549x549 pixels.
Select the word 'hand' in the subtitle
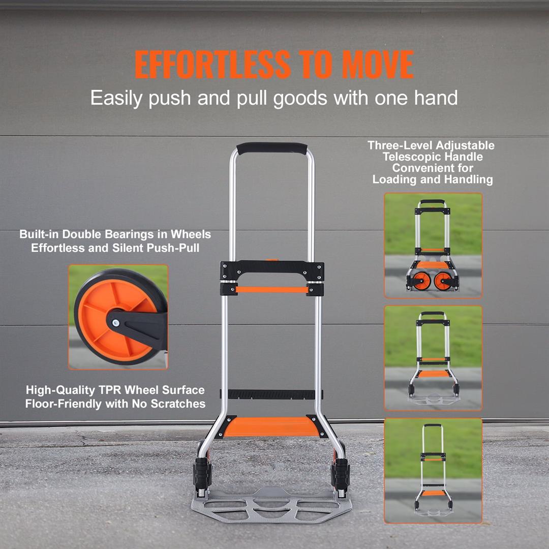click(x=436, y=97)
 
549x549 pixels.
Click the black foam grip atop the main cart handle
click(x=272, y=148)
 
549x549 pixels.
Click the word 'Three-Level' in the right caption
click(x=399, y=146)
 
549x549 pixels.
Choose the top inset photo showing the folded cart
click(x=433, y=246)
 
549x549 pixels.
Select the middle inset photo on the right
click(x=433, y=358)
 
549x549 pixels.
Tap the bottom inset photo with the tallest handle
click(x=433, y=470)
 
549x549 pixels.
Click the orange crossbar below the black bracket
click(x=271, y=290)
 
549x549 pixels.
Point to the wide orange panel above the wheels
click(x=271, y=427)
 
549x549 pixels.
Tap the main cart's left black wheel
click(x=202, y=472)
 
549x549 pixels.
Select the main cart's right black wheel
click(x=340, y=472)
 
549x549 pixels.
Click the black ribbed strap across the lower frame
click(x=271, y=394)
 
